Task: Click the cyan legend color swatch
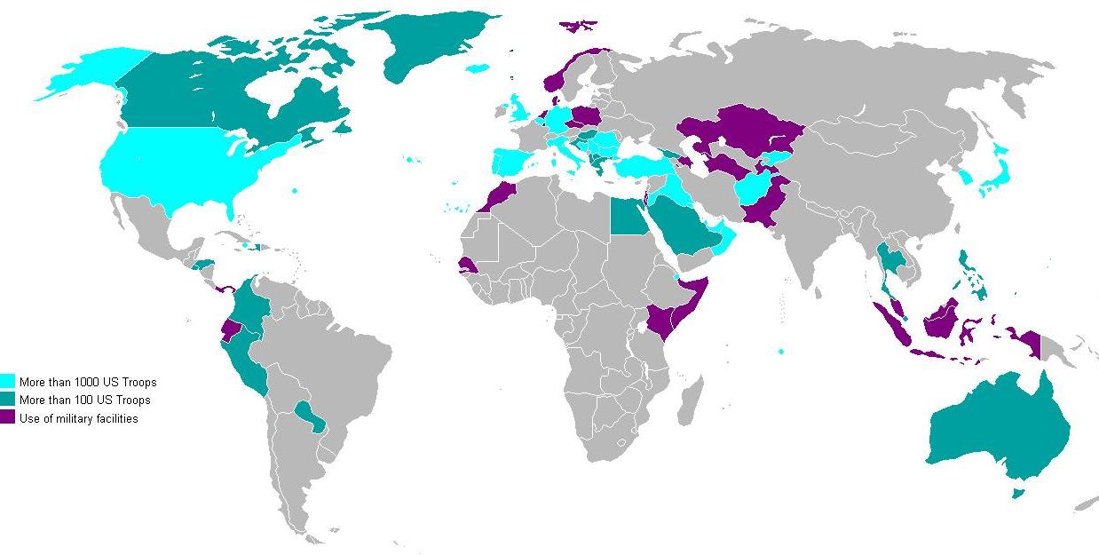point(8,382)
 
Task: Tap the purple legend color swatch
point(8,418)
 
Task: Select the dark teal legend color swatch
point(8,400)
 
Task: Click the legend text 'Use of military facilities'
point(78,418)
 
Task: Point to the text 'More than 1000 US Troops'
point(87,382)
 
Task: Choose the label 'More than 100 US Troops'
point(84,400)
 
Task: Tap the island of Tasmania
point(1017,491)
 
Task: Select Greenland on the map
point(417,44)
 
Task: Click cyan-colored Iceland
point(478,67)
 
